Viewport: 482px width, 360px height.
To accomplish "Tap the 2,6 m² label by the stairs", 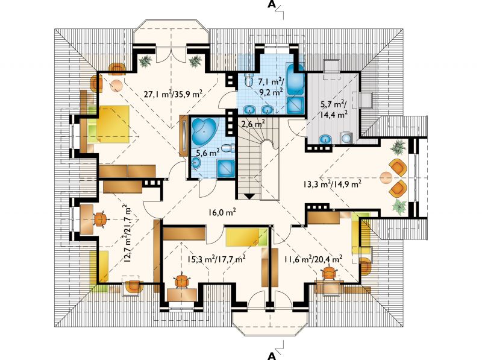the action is point(253,125).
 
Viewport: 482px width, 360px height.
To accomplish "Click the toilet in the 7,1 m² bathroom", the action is point(248,80).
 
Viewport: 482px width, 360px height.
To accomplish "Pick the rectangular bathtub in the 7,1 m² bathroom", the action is point(295,80).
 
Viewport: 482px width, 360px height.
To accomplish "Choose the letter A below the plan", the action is point(272,356).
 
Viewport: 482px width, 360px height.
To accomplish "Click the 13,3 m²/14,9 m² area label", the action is point(332,185).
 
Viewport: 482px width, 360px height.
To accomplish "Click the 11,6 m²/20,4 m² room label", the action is point(313,259).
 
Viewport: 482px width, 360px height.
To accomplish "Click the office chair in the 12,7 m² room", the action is point(100,219).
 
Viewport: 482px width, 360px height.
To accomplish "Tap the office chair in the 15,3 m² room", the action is point(182,280).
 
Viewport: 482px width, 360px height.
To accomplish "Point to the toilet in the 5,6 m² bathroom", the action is point(228,149).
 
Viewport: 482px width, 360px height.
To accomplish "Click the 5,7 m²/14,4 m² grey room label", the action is point(334,109).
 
